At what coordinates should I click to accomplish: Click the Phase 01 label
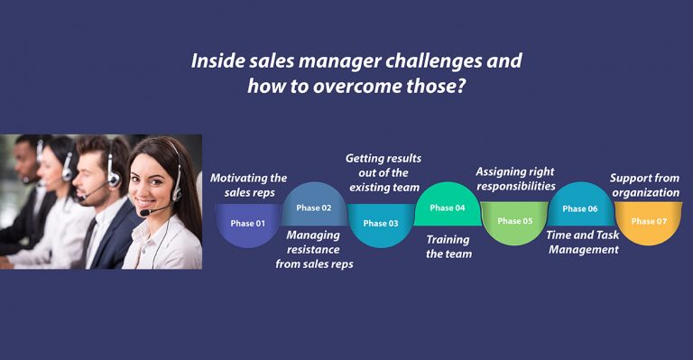click(x=248, y=223)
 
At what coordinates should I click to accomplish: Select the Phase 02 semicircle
click(x=314, y=208)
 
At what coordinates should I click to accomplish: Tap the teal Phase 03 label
click(x=381, y=223)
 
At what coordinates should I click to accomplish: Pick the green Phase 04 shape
click(x=448, y=208)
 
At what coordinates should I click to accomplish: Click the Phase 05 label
click(x=514, y=221)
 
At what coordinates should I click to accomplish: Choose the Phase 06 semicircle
click(x=580, y=208)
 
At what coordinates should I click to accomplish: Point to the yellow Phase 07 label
click(x=648, y=221)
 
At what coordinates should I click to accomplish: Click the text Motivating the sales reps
click(x=248, y=185)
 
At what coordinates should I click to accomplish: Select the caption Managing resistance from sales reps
click(x=314, y=249)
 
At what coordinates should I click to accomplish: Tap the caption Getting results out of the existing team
click(x=383, y=172)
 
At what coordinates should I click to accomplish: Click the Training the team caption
click(x=448, y=246)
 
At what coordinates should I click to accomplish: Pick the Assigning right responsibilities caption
click(x=515, y=179)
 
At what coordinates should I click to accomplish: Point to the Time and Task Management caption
click(x=582, y=242)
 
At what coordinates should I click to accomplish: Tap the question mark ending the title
click(x=448, y=87)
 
